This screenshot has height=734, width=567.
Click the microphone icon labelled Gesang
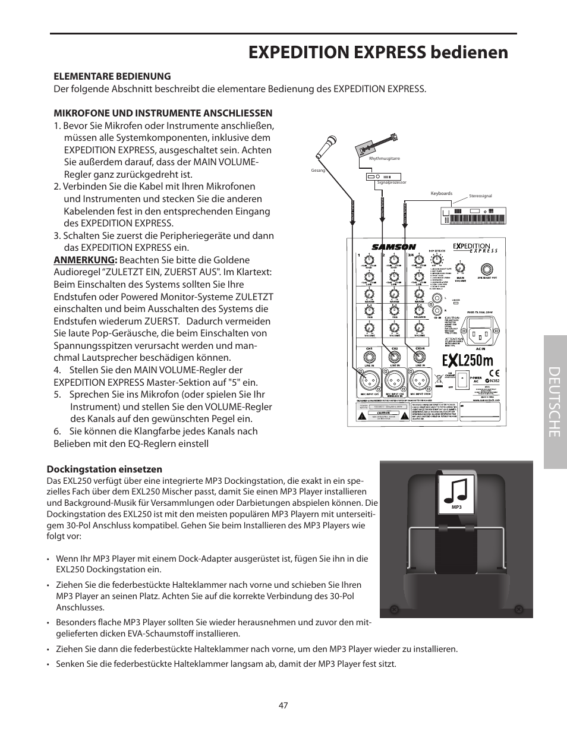[326, 146]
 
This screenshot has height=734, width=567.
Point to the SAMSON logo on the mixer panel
[393, 247]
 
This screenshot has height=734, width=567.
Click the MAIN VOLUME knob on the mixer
[460, 266]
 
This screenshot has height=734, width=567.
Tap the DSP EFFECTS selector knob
[438, 259]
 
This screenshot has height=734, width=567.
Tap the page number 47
[283, 705]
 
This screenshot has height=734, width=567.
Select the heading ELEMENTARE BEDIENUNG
[112, 76]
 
